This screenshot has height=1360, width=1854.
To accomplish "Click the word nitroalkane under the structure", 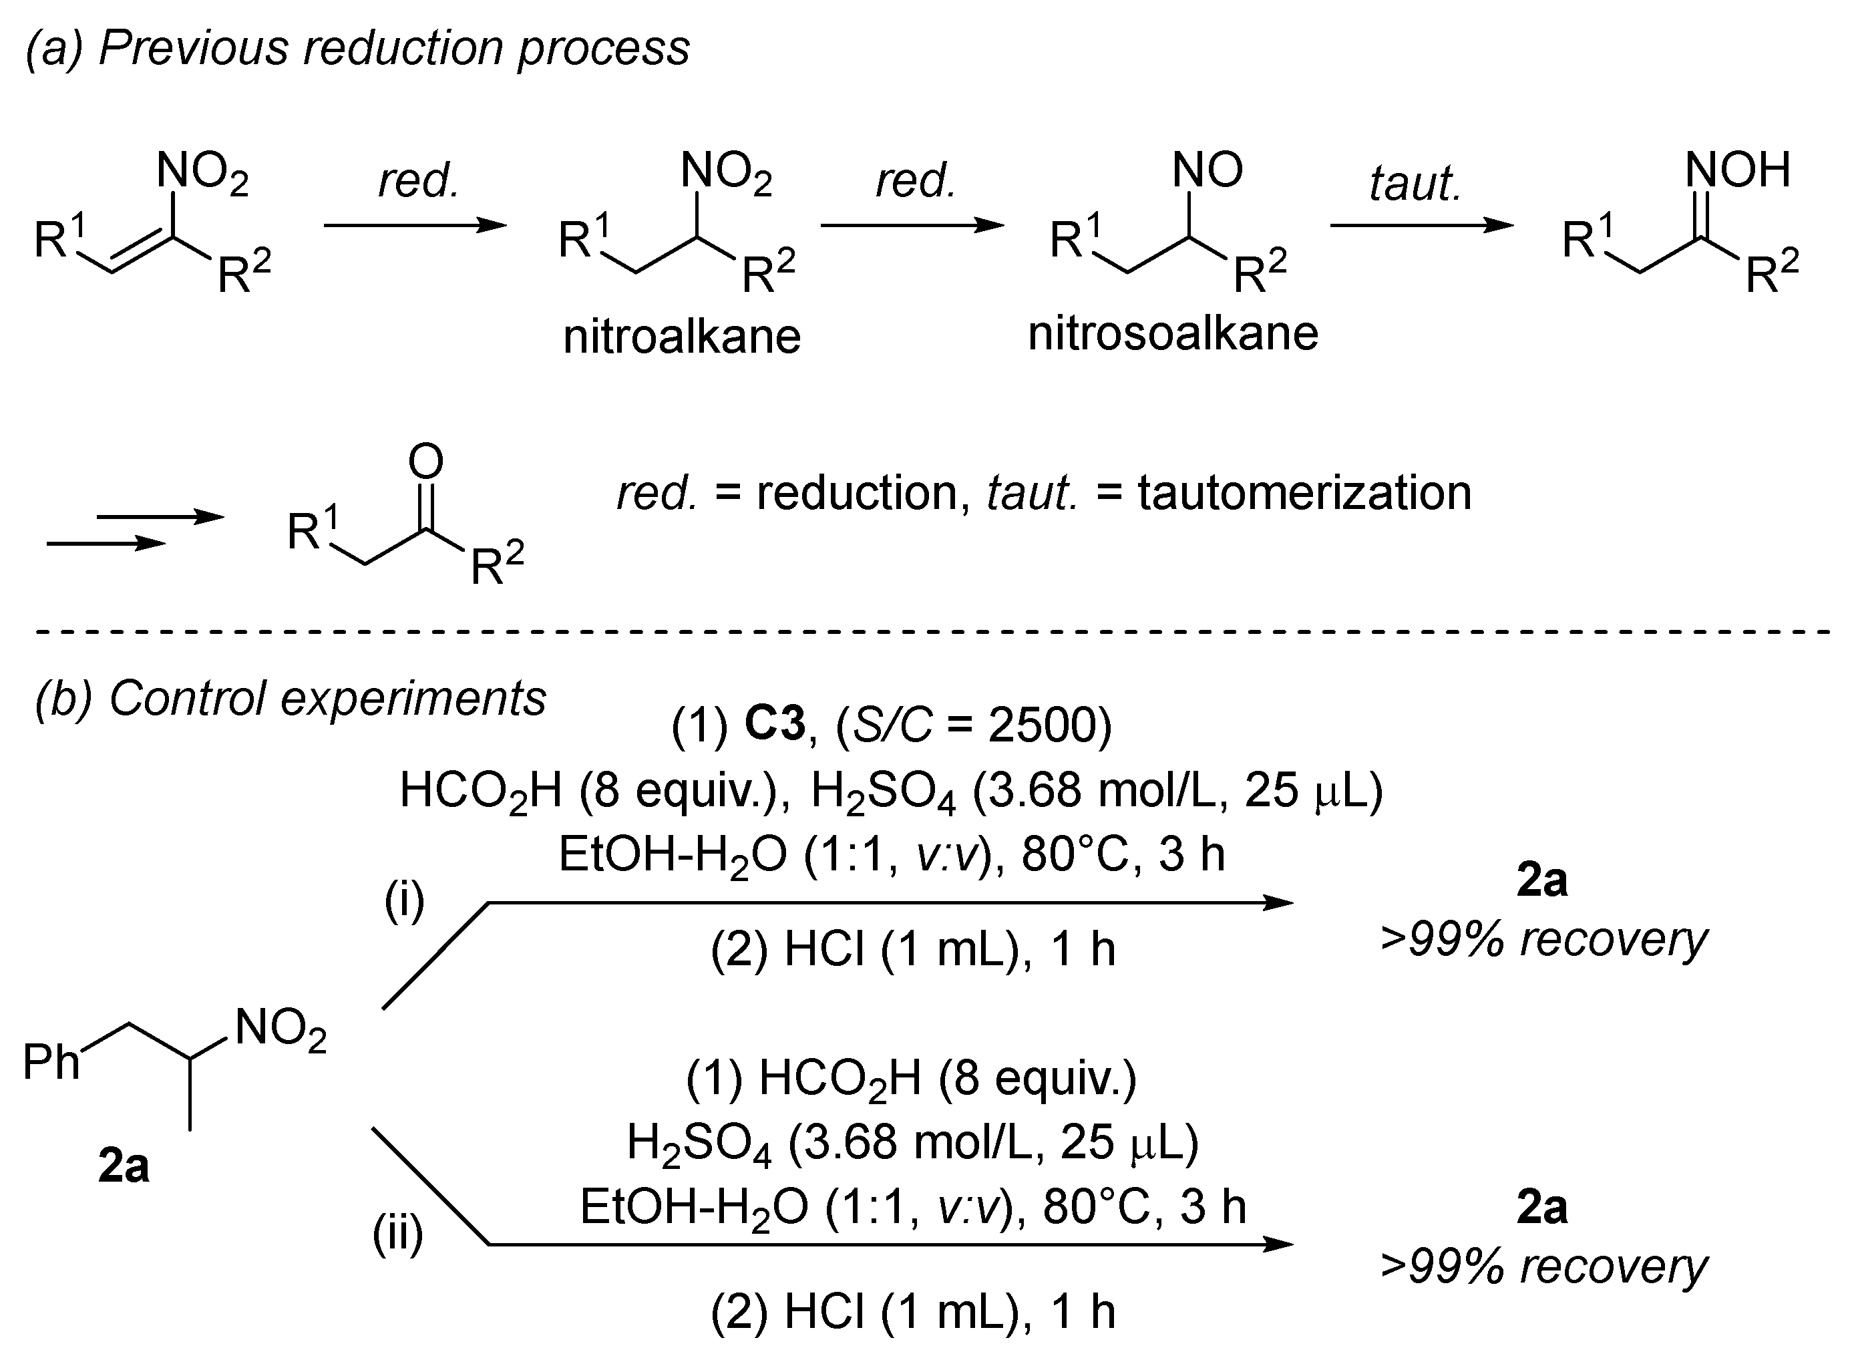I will coord(681,337).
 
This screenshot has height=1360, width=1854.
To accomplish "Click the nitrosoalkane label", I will coord(1173,333).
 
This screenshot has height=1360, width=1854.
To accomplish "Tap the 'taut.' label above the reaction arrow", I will coord(1415,183).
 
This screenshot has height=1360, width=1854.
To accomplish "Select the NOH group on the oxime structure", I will coord(1737,170).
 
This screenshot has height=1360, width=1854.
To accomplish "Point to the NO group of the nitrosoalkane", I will coord(1208,170).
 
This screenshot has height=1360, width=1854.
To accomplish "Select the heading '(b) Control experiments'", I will coord(290,698).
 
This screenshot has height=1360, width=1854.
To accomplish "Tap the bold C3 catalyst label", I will coord(774,725).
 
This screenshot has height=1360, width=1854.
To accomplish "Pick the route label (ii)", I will coord(397,1233).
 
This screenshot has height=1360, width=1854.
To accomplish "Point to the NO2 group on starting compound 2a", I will coord(281,1029).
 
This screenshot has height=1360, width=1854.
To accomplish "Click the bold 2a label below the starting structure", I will coord(124,1166).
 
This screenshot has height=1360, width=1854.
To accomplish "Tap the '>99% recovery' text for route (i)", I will coord(1543,939).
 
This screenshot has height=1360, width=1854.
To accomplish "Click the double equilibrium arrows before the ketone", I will coord(136,530).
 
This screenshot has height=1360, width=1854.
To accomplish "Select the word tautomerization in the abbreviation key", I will coord(1304,492).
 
